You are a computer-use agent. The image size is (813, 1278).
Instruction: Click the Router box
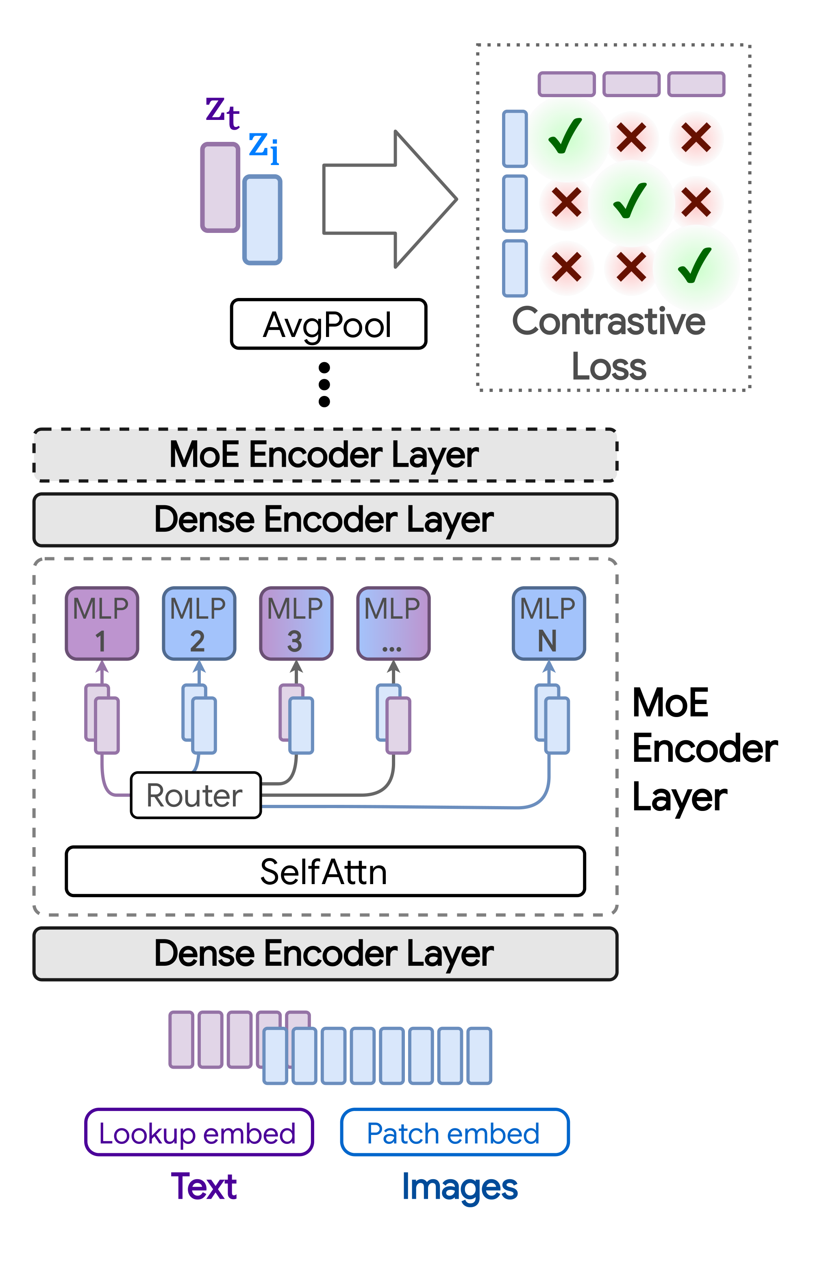click(x=195, y=795)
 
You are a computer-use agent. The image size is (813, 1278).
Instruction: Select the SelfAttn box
click(x=325, y=872)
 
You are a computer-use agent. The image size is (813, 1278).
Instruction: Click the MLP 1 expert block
click(x=102, y=623)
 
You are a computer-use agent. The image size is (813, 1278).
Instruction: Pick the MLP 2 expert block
click(x=199, y=623)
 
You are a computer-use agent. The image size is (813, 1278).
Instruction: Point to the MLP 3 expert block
click(x=296, y=623)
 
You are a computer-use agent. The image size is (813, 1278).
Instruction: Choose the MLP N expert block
click(x=549, y=623)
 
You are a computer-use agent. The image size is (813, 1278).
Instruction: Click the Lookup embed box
click(x=198, y=1132)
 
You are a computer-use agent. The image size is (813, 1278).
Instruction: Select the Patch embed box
click(x=454, y=1132)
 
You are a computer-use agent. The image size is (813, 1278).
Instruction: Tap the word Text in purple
click(x=204, y=1186)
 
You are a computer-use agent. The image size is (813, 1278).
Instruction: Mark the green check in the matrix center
click(x=630, y=201)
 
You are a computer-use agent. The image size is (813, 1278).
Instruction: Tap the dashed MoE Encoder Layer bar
click(x=325, y=455)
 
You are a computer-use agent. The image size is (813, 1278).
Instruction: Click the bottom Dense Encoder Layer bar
click(x=325, y=954)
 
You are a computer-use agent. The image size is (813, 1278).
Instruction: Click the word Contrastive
click(x=609, y=322)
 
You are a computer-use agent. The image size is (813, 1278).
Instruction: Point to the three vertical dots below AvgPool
click(x=324, y=385)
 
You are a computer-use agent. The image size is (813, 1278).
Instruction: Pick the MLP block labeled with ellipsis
click(x=393, y=623)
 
